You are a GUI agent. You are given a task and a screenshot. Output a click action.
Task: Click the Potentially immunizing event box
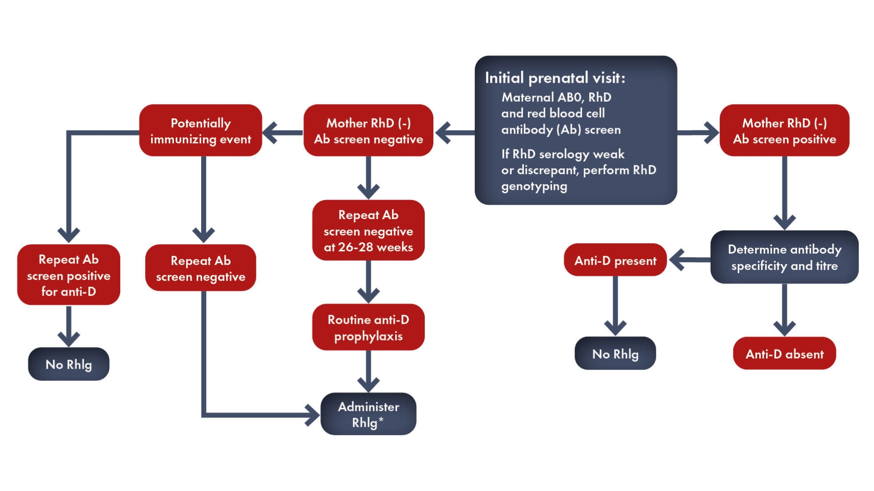200,130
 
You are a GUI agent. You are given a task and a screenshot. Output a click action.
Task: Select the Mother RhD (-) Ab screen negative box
368,130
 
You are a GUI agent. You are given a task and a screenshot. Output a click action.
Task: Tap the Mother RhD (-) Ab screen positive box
784,130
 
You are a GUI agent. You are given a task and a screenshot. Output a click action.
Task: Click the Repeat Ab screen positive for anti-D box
69,275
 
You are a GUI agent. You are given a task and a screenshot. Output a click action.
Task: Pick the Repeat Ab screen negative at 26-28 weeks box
368,230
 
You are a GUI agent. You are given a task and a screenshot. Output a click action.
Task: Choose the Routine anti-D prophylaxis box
368,327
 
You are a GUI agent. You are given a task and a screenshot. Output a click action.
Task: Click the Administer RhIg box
368,414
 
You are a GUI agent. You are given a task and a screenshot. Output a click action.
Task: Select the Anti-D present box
615,260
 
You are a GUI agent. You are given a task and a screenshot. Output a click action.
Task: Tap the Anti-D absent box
784,354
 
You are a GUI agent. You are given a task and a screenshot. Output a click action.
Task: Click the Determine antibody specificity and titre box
784,257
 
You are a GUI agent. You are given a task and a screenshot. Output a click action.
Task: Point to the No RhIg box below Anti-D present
615,354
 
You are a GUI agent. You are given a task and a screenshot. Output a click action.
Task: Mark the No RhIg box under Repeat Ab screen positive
69,364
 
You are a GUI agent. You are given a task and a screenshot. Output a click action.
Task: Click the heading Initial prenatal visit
555,78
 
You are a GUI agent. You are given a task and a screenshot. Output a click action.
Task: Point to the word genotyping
534,186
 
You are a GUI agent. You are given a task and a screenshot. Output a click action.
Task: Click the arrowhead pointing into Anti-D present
677,260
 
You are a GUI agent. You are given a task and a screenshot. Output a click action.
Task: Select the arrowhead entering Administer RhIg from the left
313,415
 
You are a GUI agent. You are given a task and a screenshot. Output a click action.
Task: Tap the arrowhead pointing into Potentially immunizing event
270,133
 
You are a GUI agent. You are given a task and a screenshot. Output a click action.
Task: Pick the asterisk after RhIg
381,420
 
